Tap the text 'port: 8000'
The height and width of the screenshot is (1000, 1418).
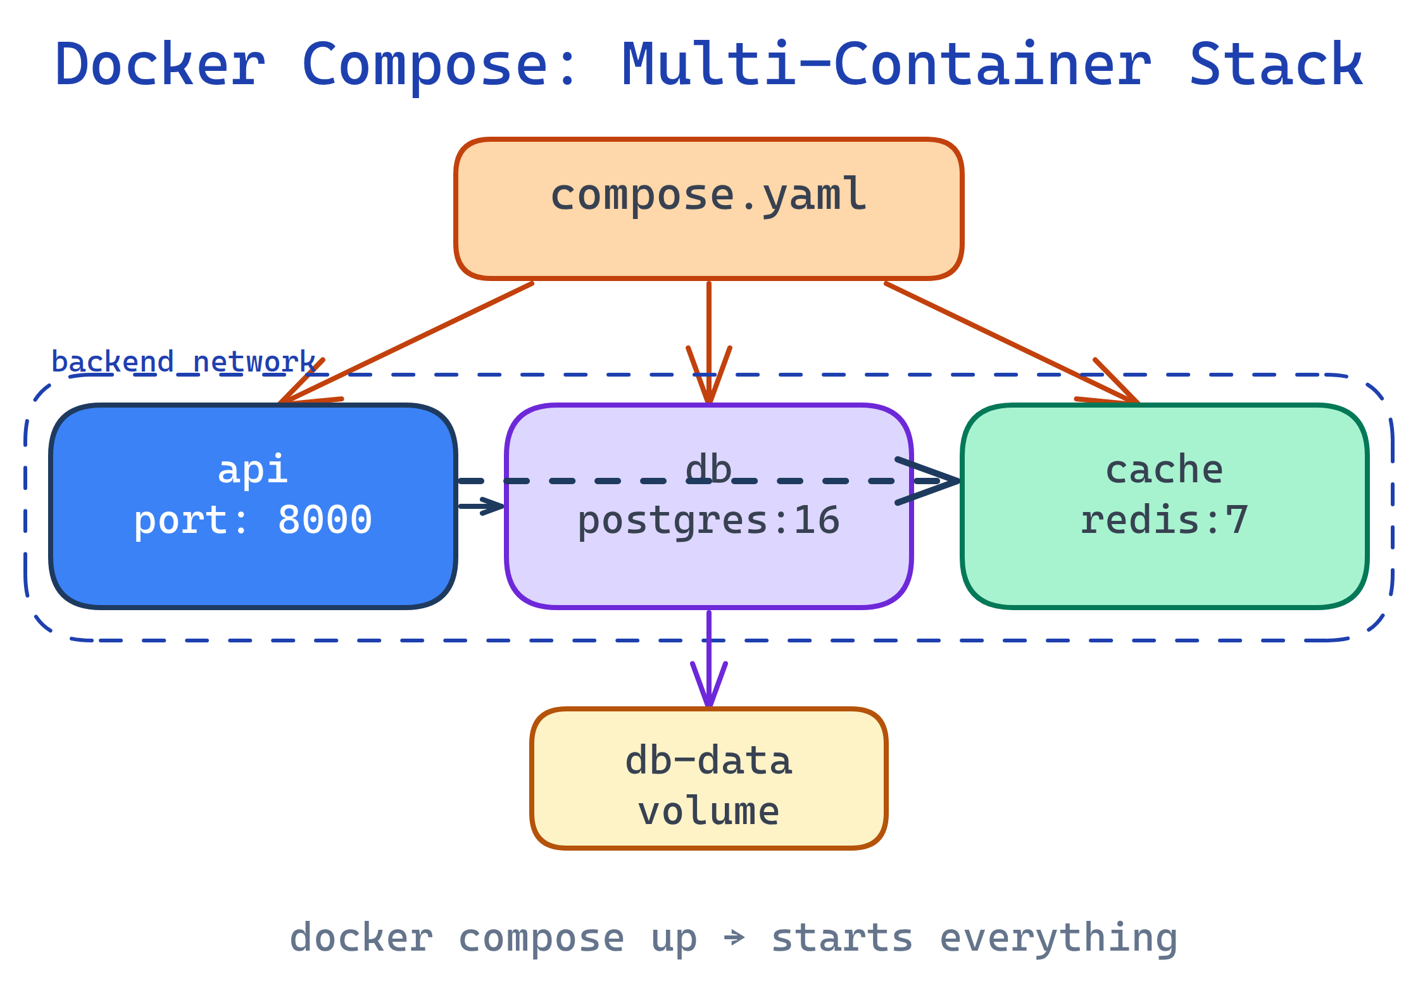point(253,520)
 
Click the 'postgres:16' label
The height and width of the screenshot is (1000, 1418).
point(709,521)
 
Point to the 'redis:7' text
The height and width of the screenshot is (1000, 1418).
point(1165,520)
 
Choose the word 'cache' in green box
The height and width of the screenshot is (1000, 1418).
point(1165,470)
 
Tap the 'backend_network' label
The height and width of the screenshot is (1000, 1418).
point(184,362)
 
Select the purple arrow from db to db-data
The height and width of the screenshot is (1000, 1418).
point(709,658)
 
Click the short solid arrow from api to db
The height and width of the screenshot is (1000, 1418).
point(481,506)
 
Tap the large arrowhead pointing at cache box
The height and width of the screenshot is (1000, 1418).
point(937,481)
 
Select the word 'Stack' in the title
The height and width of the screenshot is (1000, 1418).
point(1276,65)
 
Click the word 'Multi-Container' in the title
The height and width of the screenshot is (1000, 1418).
point(886,65)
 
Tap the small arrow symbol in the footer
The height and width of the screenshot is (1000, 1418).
point(734,937)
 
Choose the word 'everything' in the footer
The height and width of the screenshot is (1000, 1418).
point(1058,938)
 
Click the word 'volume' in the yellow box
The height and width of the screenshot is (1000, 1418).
point(709,811)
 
